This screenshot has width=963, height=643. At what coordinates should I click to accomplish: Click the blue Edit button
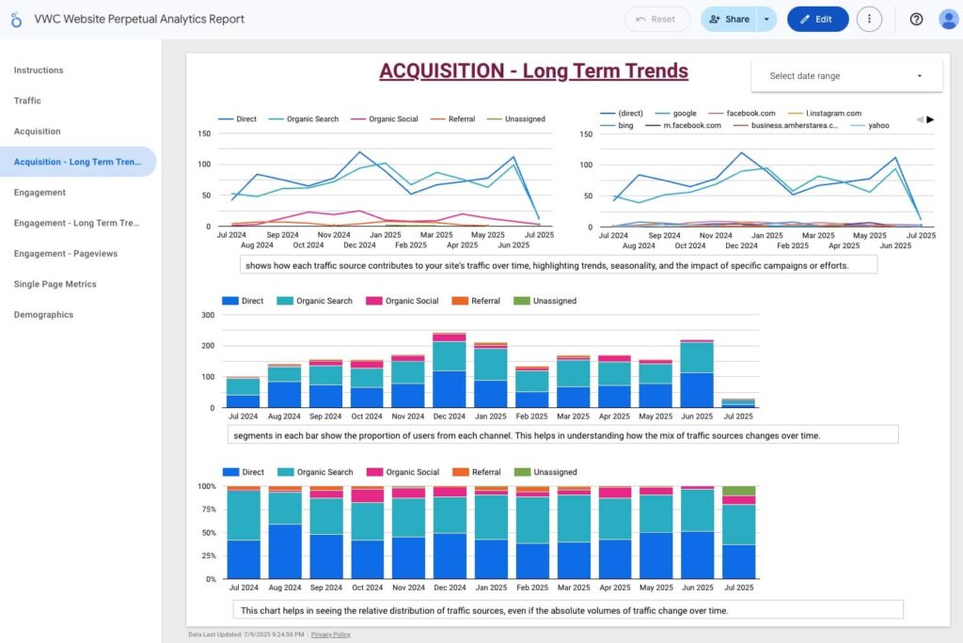point(817,19)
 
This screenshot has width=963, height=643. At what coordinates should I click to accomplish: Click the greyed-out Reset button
point(656,19)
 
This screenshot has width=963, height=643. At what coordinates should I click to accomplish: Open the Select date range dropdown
point(846,76)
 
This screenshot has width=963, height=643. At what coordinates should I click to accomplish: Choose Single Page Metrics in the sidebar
point(55,284)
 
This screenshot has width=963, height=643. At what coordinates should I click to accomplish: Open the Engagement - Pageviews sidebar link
point(65,254)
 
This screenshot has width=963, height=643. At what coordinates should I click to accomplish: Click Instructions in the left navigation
point(39,71)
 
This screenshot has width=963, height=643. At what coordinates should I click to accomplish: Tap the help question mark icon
point(916,19)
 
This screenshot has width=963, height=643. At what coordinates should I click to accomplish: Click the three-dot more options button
point(869,19)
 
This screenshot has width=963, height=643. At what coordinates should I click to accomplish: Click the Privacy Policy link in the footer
point(330,635)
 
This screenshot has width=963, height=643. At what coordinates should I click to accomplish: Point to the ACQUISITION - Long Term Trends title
point(533,71)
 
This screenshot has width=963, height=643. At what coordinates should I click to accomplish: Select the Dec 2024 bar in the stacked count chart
point(450,370)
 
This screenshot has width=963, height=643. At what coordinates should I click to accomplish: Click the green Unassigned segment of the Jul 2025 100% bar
point(738,491)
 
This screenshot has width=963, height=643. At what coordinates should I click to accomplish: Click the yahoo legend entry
point(877,125)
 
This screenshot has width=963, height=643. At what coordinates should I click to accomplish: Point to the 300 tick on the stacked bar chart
point(208,315)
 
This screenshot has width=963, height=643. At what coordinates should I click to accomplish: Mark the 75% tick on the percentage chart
point(205,510)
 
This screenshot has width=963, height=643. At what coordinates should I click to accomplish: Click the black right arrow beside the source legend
point(930,119)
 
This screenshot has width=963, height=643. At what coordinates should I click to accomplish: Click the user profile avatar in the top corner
point(948,19)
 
